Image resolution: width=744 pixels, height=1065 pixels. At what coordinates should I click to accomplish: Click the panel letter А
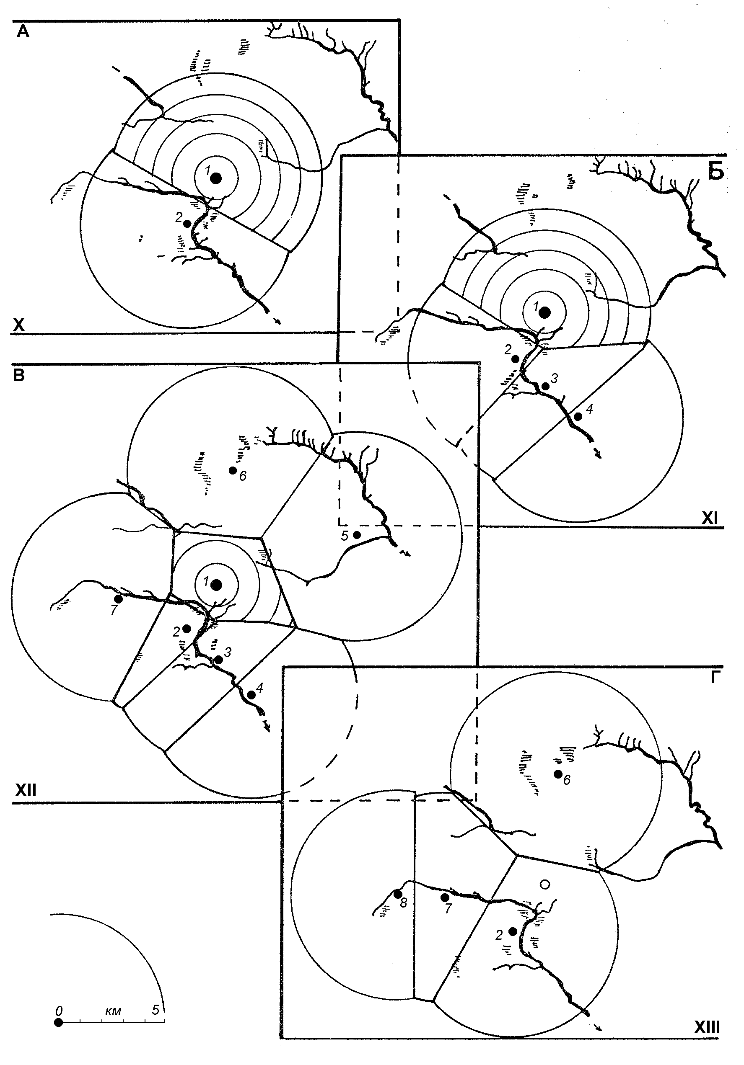23,31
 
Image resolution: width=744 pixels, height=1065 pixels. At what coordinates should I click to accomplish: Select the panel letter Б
715,172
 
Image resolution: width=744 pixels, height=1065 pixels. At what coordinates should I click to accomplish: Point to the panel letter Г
715,678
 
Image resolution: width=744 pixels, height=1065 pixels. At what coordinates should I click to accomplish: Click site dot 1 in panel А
215,178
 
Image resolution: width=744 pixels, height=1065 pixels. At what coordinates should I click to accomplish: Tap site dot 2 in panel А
187,224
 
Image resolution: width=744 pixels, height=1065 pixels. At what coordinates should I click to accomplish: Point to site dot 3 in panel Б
546,386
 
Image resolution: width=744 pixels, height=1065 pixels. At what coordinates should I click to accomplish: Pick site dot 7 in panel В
118,599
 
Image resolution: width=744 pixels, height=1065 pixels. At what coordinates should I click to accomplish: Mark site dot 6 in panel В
233,470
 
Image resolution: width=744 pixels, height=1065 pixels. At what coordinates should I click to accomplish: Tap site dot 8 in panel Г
398,894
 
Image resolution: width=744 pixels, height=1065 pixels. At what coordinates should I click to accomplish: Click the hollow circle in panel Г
545,872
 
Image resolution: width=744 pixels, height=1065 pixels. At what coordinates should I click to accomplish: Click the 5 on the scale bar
156,1008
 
